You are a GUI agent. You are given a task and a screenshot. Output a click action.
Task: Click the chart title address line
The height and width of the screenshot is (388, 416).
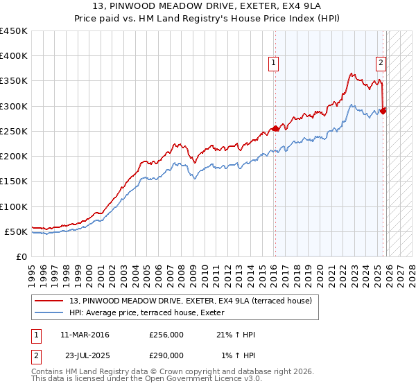(x=208, y=7)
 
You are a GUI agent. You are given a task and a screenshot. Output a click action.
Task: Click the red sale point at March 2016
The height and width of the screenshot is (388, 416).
(x=275, y=128)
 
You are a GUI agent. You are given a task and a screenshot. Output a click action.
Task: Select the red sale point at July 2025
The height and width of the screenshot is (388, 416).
(x=383, y=110)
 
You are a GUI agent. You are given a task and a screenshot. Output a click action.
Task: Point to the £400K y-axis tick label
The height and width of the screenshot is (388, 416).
(x=14, y=56)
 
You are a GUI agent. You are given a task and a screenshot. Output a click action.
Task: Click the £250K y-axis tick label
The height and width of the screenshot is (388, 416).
(x=14, y=131)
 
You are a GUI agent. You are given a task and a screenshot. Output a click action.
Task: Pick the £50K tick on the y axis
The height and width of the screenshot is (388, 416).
(x=17, y=231)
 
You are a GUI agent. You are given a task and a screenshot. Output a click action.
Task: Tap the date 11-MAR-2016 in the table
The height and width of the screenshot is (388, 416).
(x=85, y=335)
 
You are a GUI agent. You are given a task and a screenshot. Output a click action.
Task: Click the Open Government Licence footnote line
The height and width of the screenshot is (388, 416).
(x=146, y=379)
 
